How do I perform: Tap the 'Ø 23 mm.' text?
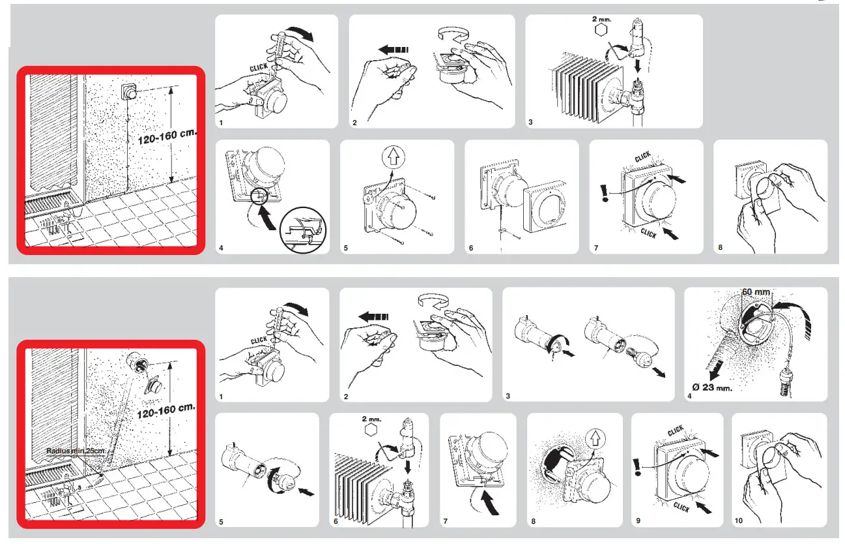(x=711, y=386)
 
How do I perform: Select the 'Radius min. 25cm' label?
(x=76, y=450)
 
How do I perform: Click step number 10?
(x=738, y=521)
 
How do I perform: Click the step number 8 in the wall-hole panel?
(x=534, y=521)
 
